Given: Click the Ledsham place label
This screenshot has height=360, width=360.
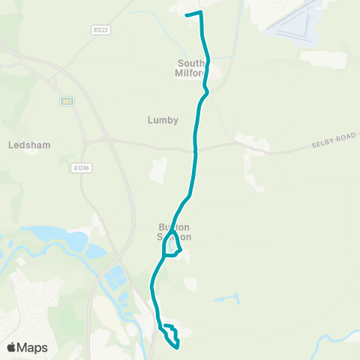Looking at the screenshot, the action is point(28,145).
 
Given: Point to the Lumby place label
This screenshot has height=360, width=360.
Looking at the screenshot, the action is point(163,119).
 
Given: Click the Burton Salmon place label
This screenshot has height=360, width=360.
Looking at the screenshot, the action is point(174,232).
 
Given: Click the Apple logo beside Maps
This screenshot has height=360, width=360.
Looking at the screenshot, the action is point(12,347).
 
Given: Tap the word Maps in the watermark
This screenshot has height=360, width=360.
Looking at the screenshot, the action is point(33,347).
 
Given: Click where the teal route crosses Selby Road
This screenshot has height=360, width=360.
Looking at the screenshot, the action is point(196,150).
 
